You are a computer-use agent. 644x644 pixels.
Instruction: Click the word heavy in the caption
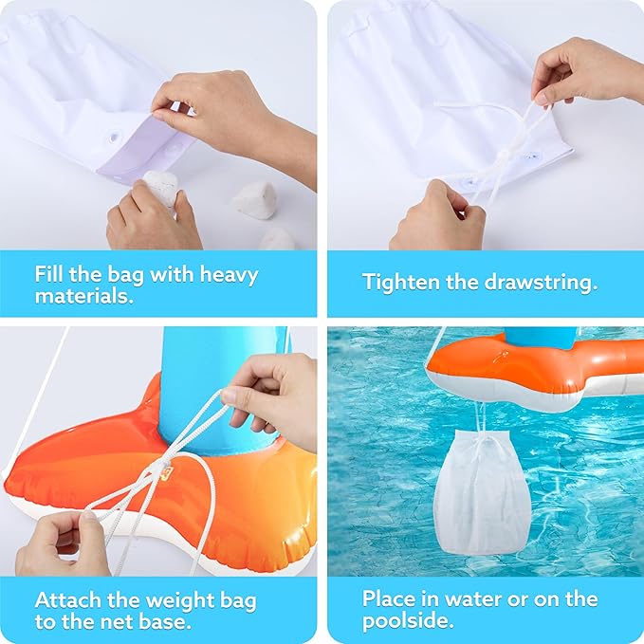coord(229,275)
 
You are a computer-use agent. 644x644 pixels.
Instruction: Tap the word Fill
coord(49,273)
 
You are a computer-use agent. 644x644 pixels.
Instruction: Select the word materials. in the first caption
coord(84,295)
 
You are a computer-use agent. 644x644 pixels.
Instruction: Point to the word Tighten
coord(401,283)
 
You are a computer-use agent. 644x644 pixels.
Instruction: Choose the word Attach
coord(67,600)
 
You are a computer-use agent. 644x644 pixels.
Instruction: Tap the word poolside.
coord(408,621)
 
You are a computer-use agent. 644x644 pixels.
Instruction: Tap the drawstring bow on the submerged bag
coord(484,445)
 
